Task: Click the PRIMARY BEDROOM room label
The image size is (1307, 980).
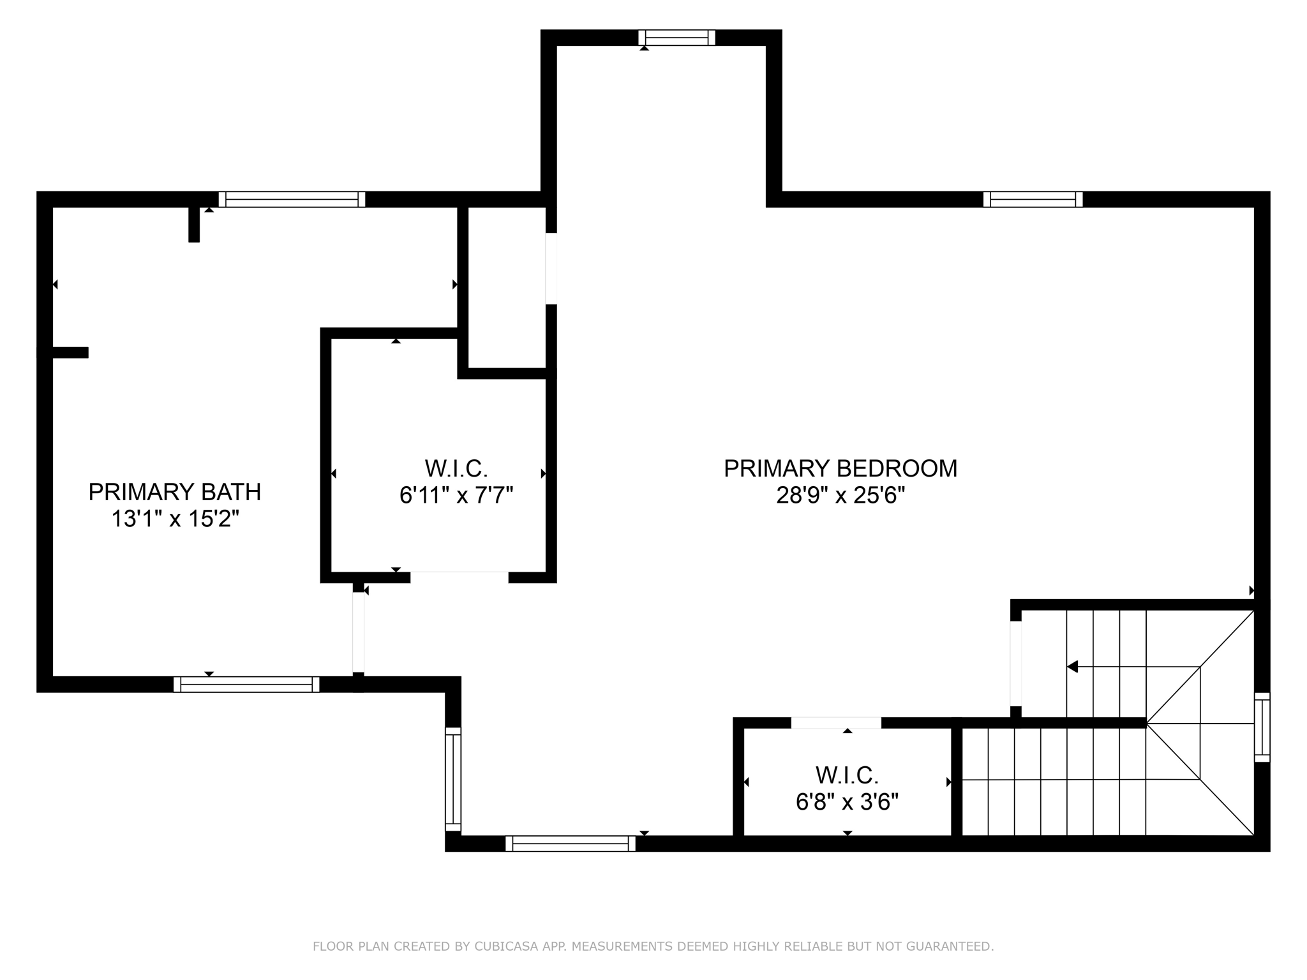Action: [x=840, y=469]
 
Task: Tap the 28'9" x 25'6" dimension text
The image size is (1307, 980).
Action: [x=841, y=496]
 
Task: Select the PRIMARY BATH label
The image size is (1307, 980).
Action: [x=175, y=493]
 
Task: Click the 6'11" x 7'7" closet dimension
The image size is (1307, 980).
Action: [x=456, y=495]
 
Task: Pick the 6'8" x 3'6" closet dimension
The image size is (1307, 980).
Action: [x=848, y=802]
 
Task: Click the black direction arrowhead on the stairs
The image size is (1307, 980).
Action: [x=1073, y=667]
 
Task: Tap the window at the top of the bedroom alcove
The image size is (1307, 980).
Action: [x=676, y=38]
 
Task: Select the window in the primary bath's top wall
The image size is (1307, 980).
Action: [x=292, y=200]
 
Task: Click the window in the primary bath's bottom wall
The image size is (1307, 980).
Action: [x=246, y=685]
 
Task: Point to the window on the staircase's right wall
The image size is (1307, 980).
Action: [x=1262, y=727]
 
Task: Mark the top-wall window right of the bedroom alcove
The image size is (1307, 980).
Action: [x=1033, y=200]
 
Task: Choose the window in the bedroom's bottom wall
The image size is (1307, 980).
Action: [x=571, y=843]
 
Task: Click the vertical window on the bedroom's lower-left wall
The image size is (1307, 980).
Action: [x=452, y=779]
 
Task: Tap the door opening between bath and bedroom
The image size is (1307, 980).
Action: [x=359, y=632]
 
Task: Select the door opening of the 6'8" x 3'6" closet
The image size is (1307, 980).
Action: [x=836, y=723]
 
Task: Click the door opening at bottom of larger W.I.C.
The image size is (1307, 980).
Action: [x=459, y=577]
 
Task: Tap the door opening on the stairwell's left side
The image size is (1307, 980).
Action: [x=1016, y=664]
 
